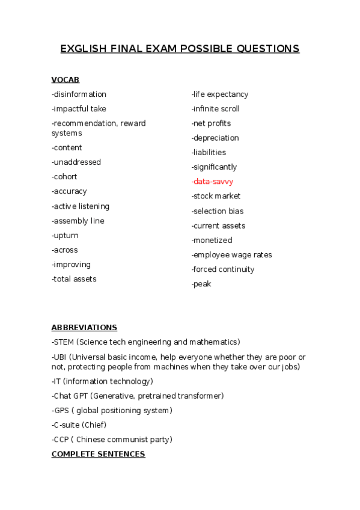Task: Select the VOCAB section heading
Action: point(65,79)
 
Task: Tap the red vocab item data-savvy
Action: point(213,181)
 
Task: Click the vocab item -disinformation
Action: point(79,94)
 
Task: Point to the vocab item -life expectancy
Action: point(219,94)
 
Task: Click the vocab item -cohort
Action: point(64,177)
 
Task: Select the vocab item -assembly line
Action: point(78,221)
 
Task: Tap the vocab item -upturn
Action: point(65,235)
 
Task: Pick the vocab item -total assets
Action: point(74,279)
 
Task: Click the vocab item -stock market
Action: point(216,196)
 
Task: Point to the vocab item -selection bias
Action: point(218,211)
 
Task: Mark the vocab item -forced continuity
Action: point(223,269)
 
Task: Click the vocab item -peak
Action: point(201,284)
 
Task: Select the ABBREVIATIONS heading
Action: point(84,328)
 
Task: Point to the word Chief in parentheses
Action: point(96,425)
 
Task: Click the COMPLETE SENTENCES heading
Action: point(98,454)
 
